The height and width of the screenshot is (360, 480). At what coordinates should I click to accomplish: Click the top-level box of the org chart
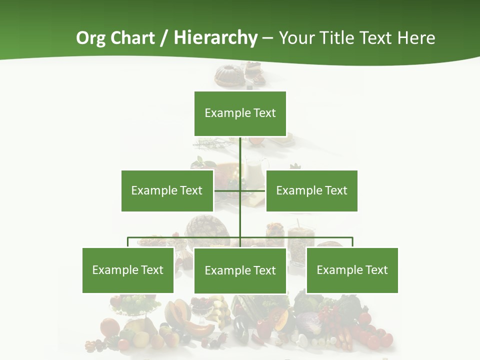tap(240, 113)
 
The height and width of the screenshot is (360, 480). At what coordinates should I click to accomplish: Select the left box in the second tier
tap(167, 190)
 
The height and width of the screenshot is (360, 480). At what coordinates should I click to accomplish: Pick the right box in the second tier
tap(311, 190)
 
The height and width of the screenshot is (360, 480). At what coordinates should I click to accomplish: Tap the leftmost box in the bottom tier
tap(128, 270)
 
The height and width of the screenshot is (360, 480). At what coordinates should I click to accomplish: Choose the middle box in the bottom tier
tap(240, 270)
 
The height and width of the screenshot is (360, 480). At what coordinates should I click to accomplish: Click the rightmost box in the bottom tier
tap(352, 270)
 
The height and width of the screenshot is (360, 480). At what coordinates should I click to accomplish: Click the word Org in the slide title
tap(90, 38)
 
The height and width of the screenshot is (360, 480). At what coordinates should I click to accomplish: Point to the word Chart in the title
tap(132, 38)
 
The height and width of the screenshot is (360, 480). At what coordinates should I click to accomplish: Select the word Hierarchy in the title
tap(215, 38)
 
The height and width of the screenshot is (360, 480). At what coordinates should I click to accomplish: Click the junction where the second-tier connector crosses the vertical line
tap(240, 190)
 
